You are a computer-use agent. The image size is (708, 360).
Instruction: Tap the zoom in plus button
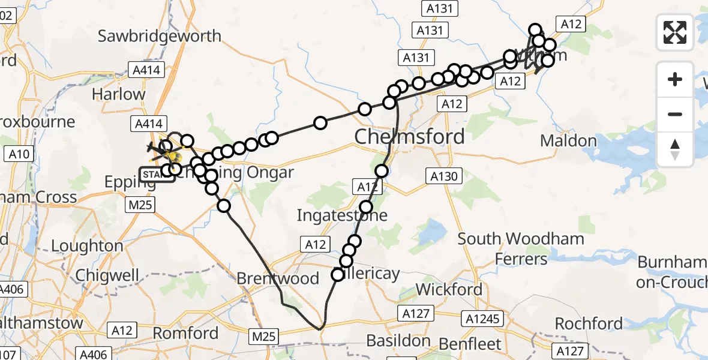click(675, 79)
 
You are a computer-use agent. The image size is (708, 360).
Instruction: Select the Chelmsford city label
click(409, 137)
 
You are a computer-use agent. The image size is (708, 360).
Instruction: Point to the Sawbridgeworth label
click(160, 36)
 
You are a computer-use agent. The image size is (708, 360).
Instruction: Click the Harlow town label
click(119, 94)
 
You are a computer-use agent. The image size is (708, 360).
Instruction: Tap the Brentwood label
click(277, 278)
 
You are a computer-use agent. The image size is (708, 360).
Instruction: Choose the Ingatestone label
click(343, 215)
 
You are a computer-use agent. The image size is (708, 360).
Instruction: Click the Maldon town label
click(568, 141)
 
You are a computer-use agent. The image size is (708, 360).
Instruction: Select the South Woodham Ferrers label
click(521, 248)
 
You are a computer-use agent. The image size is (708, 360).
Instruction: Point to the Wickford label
click(449, 289)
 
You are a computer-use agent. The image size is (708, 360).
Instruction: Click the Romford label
click(185, 333)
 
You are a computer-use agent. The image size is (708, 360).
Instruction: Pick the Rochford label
click(588, 324)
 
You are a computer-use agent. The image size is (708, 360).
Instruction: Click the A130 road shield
click(444, 176)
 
